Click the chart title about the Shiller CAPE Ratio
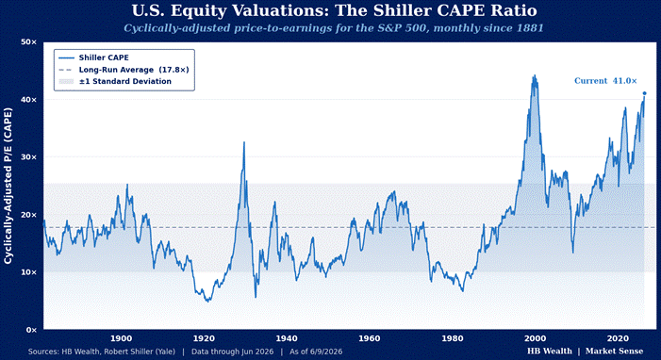[x=335, y=10]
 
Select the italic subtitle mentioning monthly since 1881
[x=334, y=28]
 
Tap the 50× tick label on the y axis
[x=29, y=42]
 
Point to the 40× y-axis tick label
[x=29, y=100]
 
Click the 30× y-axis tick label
[x=29, y=157]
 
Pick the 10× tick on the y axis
[x=29, y=272]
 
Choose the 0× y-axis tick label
[x=32, y=330]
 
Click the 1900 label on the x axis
[x=121, y=338]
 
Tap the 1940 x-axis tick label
[x=287, y=338]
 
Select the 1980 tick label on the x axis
[x=453, y=338]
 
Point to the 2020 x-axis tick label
[x=618, y=338]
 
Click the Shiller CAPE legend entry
[x=93, y=57]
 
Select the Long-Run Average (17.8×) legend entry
[x=124, y=70]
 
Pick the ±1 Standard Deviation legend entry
[x=115, y=81]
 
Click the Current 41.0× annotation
[x=605, y=81]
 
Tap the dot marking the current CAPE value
[x=644, y=93]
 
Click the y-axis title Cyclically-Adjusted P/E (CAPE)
[x=8, y=186]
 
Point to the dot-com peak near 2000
[x=535, y=75]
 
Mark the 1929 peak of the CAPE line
[x=243, y=142]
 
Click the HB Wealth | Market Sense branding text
[x=586, y=352]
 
